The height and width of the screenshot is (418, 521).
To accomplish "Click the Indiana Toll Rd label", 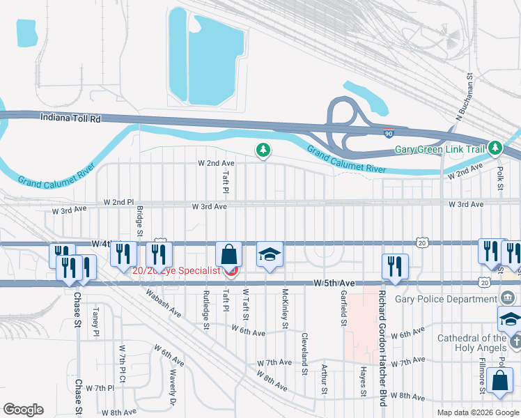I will pos(70,119).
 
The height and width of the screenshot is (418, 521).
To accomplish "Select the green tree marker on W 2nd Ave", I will pos(263,150).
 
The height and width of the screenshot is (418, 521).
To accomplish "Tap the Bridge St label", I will pos(139,221).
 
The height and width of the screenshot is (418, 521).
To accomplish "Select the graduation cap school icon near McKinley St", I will pos(270,255).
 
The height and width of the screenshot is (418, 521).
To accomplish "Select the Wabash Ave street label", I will pos(164,304).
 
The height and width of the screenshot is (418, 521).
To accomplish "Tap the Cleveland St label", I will pos(304,353).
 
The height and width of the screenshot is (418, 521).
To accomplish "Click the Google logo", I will pos(23,410).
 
